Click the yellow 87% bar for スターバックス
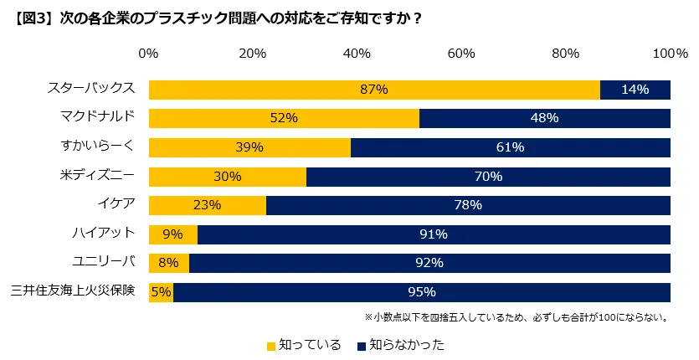point(374,90)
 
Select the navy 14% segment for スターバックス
point(635,90)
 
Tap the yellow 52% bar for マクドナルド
point(284,118)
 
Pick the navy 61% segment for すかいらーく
point(510,147)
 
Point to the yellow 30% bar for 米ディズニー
point(228,177)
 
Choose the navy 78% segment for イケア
point(468,205)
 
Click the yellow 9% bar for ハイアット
point(173,234)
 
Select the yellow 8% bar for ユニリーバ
point(169,263)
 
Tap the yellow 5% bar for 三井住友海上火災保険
point(161,292)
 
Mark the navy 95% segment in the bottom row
point(422,292)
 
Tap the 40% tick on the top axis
point(357,54)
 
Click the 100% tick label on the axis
point(670,54)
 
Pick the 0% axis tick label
point(148,54)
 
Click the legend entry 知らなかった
point(400,344)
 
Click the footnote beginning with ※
point(515,317)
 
